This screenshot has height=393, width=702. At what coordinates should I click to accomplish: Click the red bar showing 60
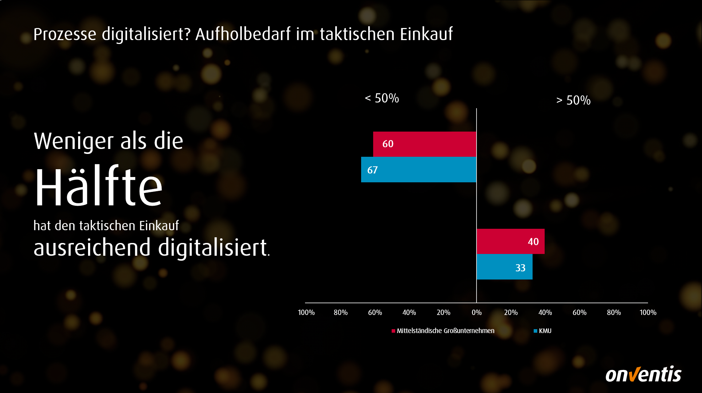(424, 144)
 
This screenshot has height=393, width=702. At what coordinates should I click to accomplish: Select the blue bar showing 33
(504, 267)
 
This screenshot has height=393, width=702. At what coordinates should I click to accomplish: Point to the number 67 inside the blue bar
(372, 170)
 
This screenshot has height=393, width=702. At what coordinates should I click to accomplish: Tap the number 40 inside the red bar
(533, 242)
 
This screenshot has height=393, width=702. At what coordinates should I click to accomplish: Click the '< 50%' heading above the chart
(382, 98)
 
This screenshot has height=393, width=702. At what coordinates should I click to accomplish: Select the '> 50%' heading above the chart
(573, 100)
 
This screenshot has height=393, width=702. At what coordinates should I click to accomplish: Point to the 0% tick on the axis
(477, 312)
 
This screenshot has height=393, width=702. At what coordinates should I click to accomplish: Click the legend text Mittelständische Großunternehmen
(445, 331)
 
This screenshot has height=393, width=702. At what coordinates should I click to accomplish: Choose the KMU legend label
(545, 331)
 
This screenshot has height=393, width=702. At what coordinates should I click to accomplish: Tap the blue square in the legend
(535, 331)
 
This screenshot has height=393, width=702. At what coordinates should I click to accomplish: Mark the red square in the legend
(393, 331)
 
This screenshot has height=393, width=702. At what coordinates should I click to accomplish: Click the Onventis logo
(643, 374)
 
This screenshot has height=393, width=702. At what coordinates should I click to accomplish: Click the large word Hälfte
(98, 187)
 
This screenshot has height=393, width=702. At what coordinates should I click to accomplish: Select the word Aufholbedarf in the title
(243, 34)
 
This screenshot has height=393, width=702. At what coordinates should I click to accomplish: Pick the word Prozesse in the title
(65, 34)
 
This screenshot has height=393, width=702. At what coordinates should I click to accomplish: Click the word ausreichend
(92, 248)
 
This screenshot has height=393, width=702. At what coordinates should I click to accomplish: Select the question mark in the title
(187, 34)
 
